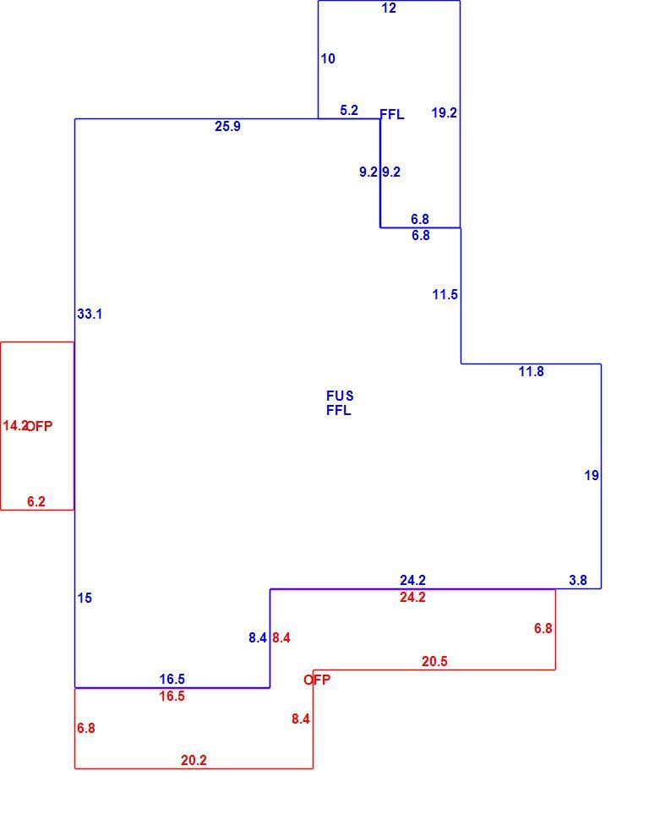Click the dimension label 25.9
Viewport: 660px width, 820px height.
coord(227,127)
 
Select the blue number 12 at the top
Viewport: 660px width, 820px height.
coord(389,8)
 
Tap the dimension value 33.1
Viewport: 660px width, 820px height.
coord(90,314)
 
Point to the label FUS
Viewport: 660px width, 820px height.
coord(340,396)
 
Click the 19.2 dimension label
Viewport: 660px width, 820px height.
coord(444,113)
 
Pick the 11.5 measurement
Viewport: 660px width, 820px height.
coord(445,295)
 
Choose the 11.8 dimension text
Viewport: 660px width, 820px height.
coord(532,372)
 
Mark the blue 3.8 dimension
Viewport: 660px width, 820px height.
coord(578,581)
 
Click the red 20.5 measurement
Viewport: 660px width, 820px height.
coord(434,662)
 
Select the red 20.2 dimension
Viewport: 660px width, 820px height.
coord(194,760)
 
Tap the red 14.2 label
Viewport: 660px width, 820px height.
coord(14,426)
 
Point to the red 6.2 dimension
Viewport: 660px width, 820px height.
coord(36,502)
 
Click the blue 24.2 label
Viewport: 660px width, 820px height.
coord(412,581)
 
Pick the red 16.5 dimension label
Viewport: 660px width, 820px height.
coord(172,696)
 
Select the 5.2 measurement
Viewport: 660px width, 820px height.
coord(349,111)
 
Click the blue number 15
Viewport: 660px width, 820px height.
coord(85,599)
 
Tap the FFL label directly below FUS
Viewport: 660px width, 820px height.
coord(339,411)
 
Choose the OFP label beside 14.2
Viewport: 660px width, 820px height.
coord(40,427)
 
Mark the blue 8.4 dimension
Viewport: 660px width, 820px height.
coord(258,638)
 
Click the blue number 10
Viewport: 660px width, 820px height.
coord(328,59)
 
